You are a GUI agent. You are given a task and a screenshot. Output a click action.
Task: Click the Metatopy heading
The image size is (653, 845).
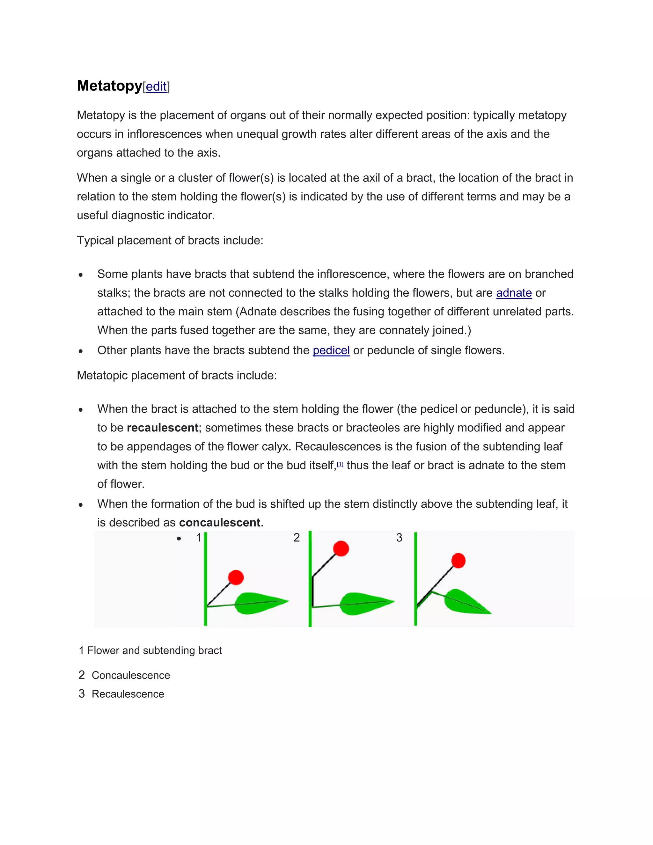pos(109,85)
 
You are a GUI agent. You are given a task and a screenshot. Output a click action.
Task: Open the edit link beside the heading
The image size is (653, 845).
pos(156,87)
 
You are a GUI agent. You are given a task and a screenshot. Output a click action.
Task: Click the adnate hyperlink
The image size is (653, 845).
pos(513,293)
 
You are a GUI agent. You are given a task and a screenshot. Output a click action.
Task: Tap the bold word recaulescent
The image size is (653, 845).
pos(163,428)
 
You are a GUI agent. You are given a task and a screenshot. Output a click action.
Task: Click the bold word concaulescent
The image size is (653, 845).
pos(219,523)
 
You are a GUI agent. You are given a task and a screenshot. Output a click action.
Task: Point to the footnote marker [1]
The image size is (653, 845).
pos(340,464)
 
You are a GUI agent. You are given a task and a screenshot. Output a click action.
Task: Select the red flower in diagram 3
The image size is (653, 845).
pos(458,561)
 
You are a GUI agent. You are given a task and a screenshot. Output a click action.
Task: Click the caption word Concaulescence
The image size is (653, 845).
pos(131,675)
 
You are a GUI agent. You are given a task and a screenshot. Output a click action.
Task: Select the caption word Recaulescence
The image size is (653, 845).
pos(128,694)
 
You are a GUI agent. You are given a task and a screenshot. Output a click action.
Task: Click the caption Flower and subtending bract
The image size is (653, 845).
pos(154,650)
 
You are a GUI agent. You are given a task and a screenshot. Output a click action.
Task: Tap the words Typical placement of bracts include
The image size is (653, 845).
pos(170,240)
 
